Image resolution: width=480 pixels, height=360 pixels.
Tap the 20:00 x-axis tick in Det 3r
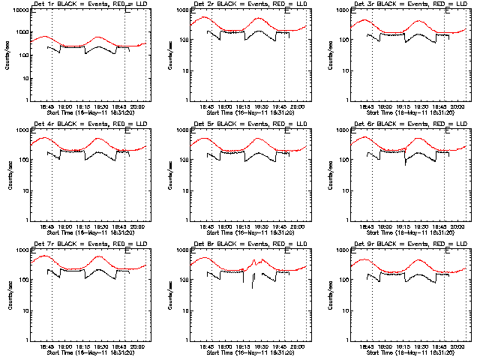coord(457,107)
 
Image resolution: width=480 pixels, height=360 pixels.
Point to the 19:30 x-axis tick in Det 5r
coord(260,227)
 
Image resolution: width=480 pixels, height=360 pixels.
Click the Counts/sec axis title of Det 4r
coord(9,175)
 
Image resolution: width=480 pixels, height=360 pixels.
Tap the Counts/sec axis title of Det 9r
coord(328,295)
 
